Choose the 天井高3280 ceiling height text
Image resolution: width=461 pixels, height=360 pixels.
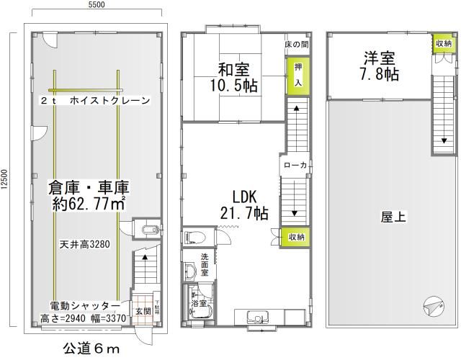click(84, 244)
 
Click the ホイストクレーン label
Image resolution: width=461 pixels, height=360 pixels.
click(109, 102)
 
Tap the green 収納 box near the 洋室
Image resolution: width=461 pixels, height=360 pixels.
click(443, 44)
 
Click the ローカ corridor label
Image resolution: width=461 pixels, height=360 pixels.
click(295, 165)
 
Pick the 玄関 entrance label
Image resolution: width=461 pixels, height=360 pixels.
click(142, 311)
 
